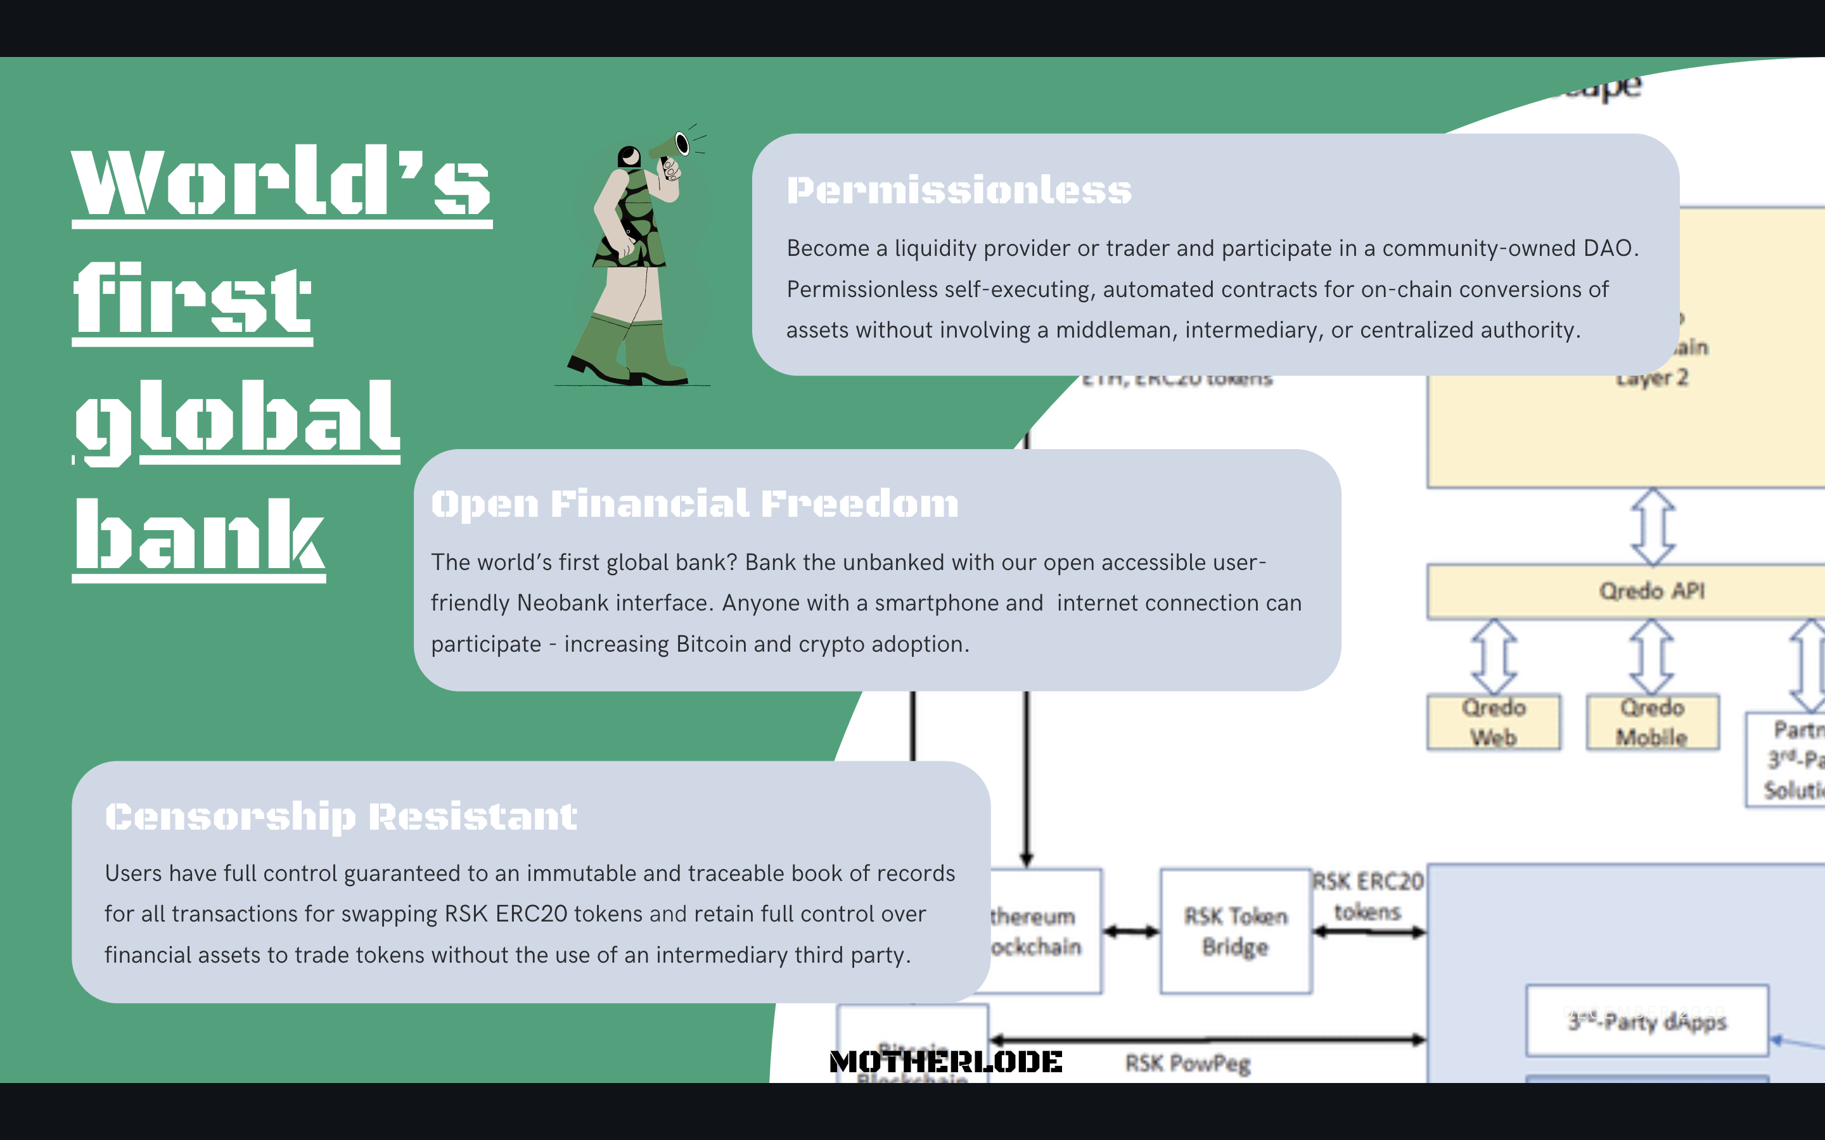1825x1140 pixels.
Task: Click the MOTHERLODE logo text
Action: click(945, 1061)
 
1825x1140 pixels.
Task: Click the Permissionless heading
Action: click(959, 190)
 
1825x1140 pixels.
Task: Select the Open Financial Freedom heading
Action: click(695, 503)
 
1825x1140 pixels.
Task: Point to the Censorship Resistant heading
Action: click(341, 816)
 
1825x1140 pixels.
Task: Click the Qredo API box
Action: click(1651, 591)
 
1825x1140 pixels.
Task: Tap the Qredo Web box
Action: click(1493, 722)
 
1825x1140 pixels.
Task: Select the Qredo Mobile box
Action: click(1651, 722)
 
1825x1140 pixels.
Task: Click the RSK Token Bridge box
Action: click(1235, 931)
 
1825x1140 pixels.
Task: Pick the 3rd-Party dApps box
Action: click(1647, 1021)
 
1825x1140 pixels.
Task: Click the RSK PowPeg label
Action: click(1187, 1063)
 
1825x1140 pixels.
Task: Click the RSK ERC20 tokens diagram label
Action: click(1367, 896)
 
